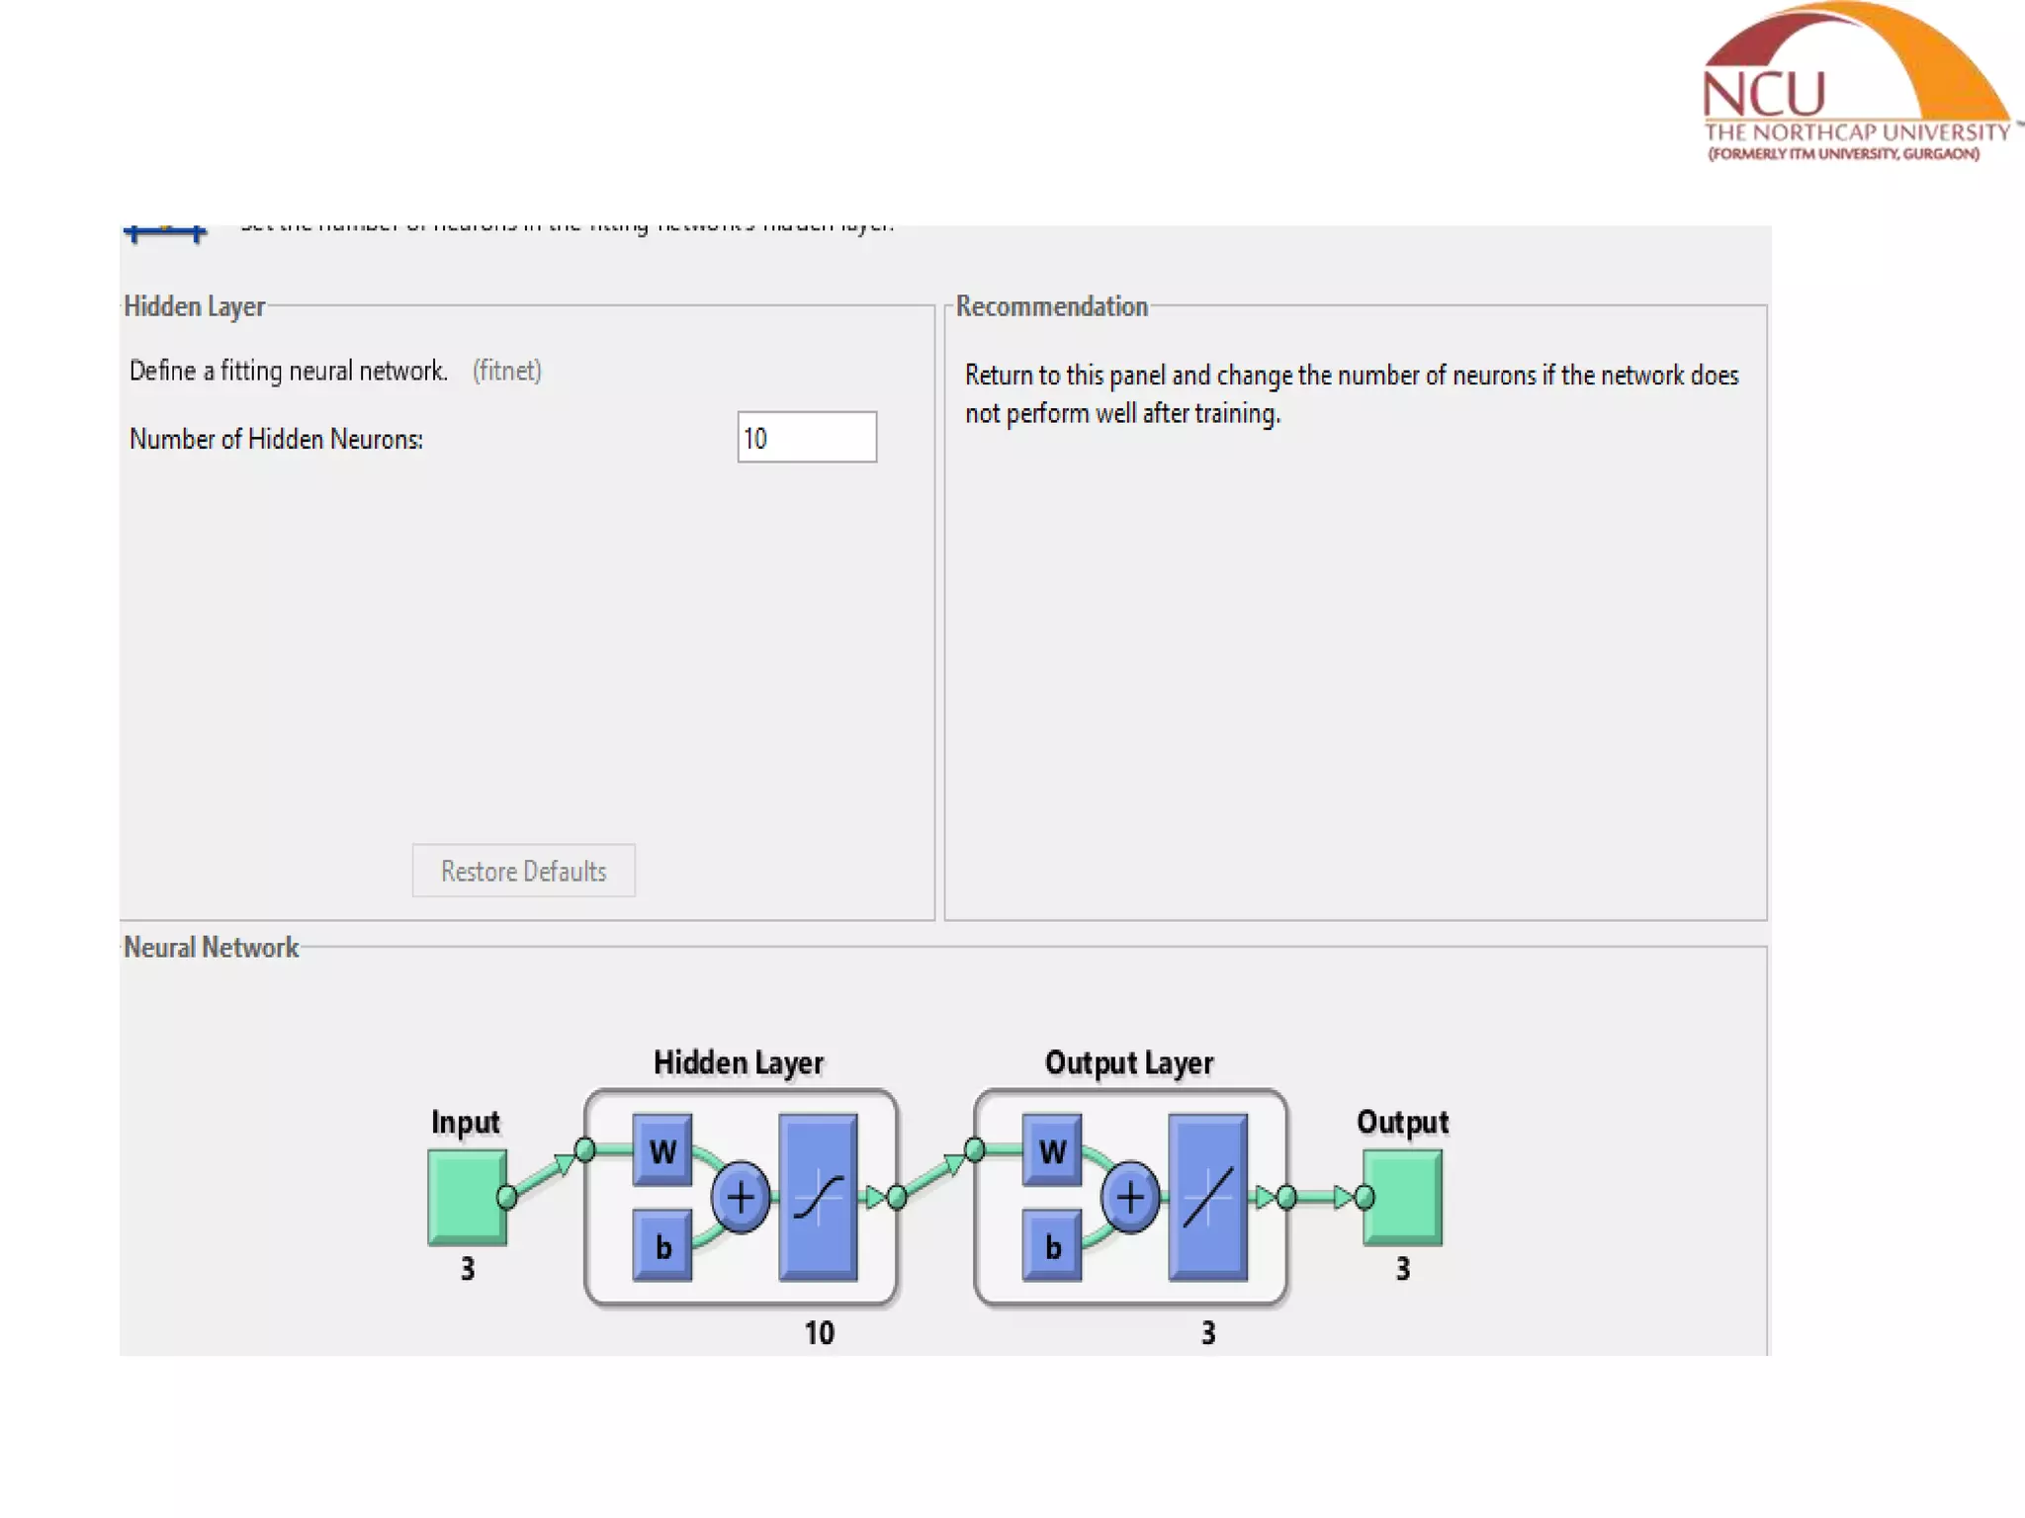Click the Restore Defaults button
(523, 871)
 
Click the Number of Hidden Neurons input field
(806, 438)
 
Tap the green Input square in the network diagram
(467, 1197)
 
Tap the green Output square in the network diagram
(1403, 1197)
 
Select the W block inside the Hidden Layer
(662, 1150)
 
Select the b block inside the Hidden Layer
(662, 1246)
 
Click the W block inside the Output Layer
(1052, 1150)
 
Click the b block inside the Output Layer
(1052, 1246)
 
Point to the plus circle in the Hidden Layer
(741, 1198)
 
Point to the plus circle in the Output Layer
(1130, 1198)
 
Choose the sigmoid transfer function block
(818, 1198)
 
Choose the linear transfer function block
(1207, 1198)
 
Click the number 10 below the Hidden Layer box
(819, 1333)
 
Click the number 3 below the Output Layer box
(1208, 1333)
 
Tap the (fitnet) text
(506, 371)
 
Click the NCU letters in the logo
(1764, 95)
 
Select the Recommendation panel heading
(1051, 306)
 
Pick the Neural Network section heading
(211, 948)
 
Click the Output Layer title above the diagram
(1129, 1062)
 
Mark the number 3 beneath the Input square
(468, 1268)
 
